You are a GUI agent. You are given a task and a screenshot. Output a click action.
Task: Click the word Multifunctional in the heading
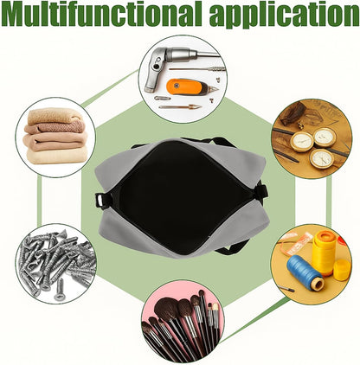coord(100,15)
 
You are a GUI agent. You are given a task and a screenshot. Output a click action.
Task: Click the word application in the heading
coord(284,15)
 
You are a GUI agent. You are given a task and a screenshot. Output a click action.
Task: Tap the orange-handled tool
coord(191,86)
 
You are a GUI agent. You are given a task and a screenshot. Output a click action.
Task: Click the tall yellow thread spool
coord(325,253)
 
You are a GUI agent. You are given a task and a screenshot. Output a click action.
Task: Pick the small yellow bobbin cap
coord(342,270)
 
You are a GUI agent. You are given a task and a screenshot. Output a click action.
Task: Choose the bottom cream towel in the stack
coord(57,157)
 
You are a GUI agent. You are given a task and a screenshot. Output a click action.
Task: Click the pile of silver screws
coord(56,264)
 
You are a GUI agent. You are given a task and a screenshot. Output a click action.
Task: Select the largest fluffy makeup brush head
coord(165,309)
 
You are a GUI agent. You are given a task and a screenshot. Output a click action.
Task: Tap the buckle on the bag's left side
coord(102,200)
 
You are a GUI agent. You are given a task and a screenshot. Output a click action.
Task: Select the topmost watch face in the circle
coord(325,138)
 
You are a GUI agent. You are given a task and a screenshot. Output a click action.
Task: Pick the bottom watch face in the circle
coord(321,158)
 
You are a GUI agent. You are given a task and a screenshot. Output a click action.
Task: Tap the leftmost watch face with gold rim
coord(302,142)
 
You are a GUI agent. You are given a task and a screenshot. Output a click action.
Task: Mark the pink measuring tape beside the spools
coord(297,241)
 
